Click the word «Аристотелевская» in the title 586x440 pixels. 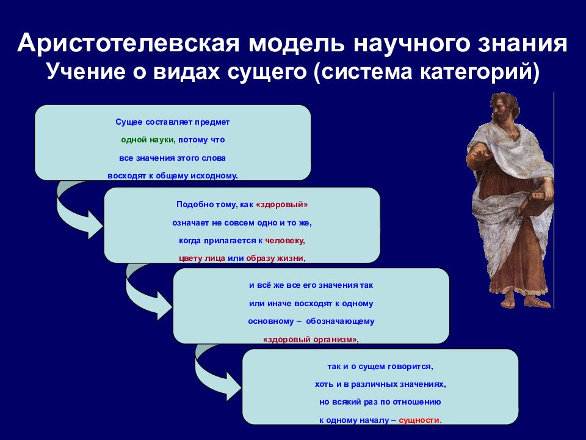[128, 43]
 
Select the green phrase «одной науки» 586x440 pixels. [148, 140]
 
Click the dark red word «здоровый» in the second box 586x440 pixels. [282, 205]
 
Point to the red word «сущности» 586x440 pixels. [419, 420]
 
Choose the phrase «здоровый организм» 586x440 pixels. [311, 340]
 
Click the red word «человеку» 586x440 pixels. [285, 241]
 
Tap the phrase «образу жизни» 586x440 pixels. [275, 258]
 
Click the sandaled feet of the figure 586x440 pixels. [523, 301]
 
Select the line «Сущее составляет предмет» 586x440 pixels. [173, 122]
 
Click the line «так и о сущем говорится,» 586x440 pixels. [380, 367]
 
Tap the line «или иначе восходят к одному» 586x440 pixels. [311, 304]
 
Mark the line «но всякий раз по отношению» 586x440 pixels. [380, 402]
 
